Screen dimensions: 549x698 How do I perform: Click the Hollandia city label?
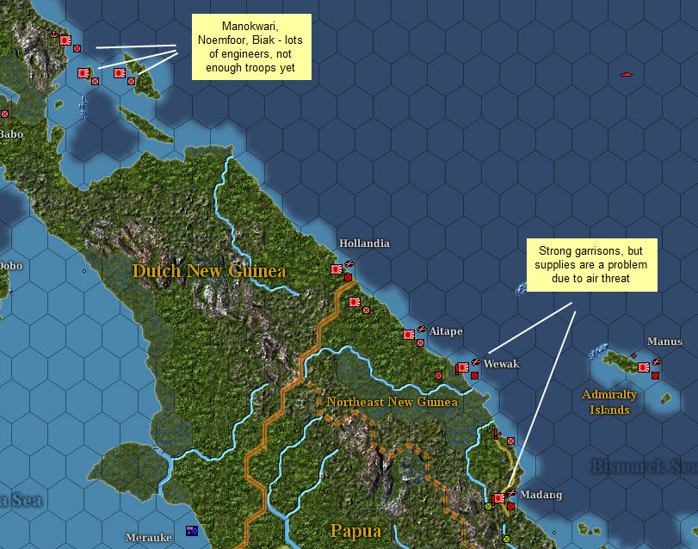(364, 244)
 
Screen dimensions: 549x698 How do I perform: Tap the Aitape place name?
(446, 331)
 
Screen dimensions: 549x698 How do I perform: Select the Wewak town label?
(502, 364)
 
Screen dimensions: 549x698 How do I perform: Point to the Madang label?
(540, 495)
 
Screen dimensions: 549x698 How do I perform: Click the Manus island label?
(664, 342)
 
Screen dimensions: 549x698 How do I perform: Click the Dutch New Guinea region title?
(208, 272)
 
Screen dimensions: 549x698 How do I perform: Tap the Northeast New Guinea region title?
(392, 402)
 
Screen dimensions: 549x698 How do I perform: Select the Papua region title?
(355, 531)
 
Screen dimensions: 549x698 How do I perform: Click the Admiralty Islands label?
(609, 402)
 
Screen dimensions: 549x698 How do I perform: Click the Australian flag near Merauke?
(191, 531)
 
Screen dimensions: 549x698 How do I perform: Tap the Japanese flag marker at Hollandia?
(337, 269)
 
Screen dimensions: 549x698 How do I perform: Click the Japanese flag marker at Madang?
(498, 497)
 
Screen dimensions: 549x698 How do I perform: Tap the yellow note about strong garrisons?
(590, 265)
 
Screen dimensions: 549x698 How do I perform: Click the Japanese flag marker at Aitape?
(409, 335)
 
